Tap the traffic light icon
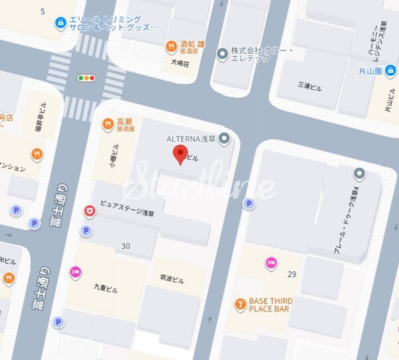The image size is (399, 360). pyautogui.click(x=86, y=78)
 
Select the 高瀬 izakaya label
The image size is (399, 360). pyautogui.click(x=124, y=122)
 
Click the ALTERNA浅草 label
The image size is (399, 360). pyautogui.click(x=194, y=139)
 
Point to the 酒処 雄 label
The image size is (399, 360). pyautogui.click(x=192, y=45)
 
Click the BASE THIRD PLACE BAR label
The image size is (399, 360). pyautogui.click(x=271, y=305)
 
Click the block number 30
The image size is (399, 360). pyautogui.click(x=126, y=246)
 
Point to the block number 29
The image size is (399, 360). pyautogui.click(x=291, y=274)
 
